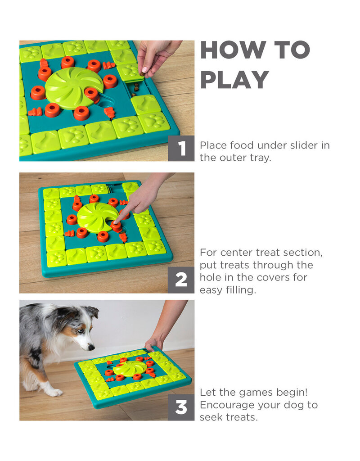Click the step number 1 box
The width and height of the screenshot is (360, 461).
pyautogui.click(x=181, y=148)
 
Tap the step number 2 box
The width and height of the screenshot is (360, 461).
pyautogui.click(x=181, y=280)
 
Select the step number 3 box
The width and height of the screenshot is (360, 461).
pyautogui.click(x=181, y=407)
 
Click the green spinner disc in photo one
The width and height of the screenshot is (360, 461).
pyautogui.click(x=74, y=88)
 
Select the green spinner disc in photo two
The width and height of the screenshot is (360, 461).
pyautogui.click(x=97, y=217)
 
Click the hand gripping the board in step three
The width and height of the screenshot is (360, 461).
pyautogui.click(x=153, y=344)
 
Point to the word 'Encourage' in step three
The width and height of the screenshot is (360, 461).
pyautogui.click(x=229, y=405)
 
